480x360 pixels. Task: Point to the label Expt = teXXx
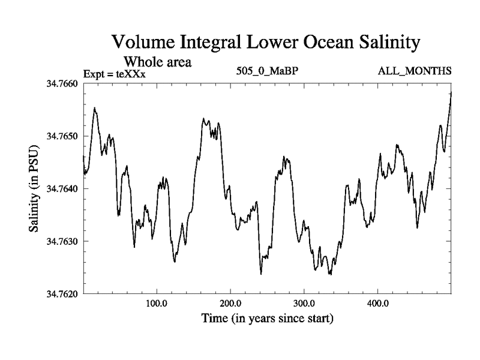click(114, 74)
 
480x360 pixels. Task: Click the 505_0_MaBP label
click(267, 71)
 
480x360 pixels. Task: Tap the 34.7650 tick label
click(62, 136)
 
